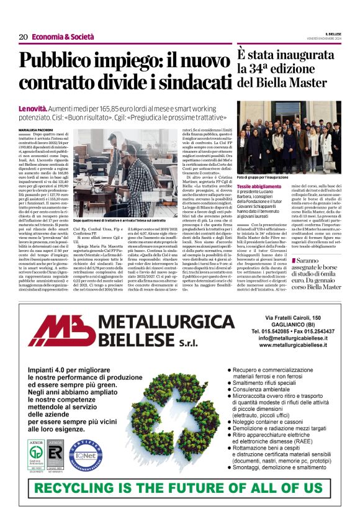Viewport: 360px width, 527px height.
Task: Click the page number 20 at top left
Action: click(23, 37)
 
